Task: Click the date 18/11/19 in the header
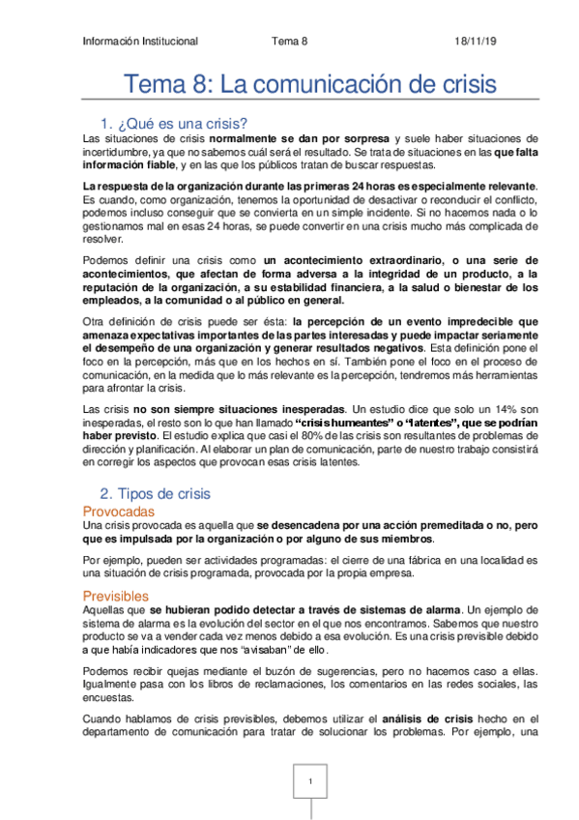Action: point(475,42)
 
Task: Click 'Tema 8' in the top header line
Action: point(290,42)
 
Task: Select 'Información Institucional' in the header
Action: point(140,42)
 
